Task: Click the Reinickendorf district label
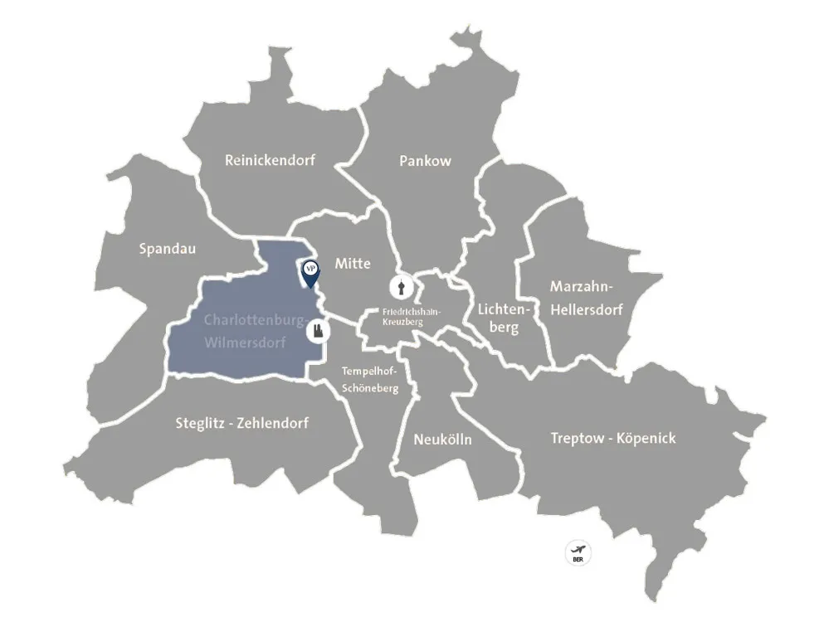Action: click(270, 160)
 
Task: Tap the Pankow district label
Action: click(425, 161)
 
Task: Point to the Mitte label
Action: click(353, 264)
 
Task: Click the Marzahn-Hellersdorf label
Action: click(586, 299)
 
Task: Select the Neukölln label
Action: click(442, 440)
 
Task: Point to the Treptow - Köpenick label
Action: click(613, 438)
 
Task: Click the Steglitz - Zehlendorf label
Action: click(242, 423)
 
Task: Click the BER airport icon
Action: click(578, 552)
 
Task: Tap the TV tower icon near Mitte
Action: click(401, 288)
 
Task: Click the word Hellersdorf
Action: click(586, 309)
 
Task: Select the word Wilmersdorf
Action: click(246, 342)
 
